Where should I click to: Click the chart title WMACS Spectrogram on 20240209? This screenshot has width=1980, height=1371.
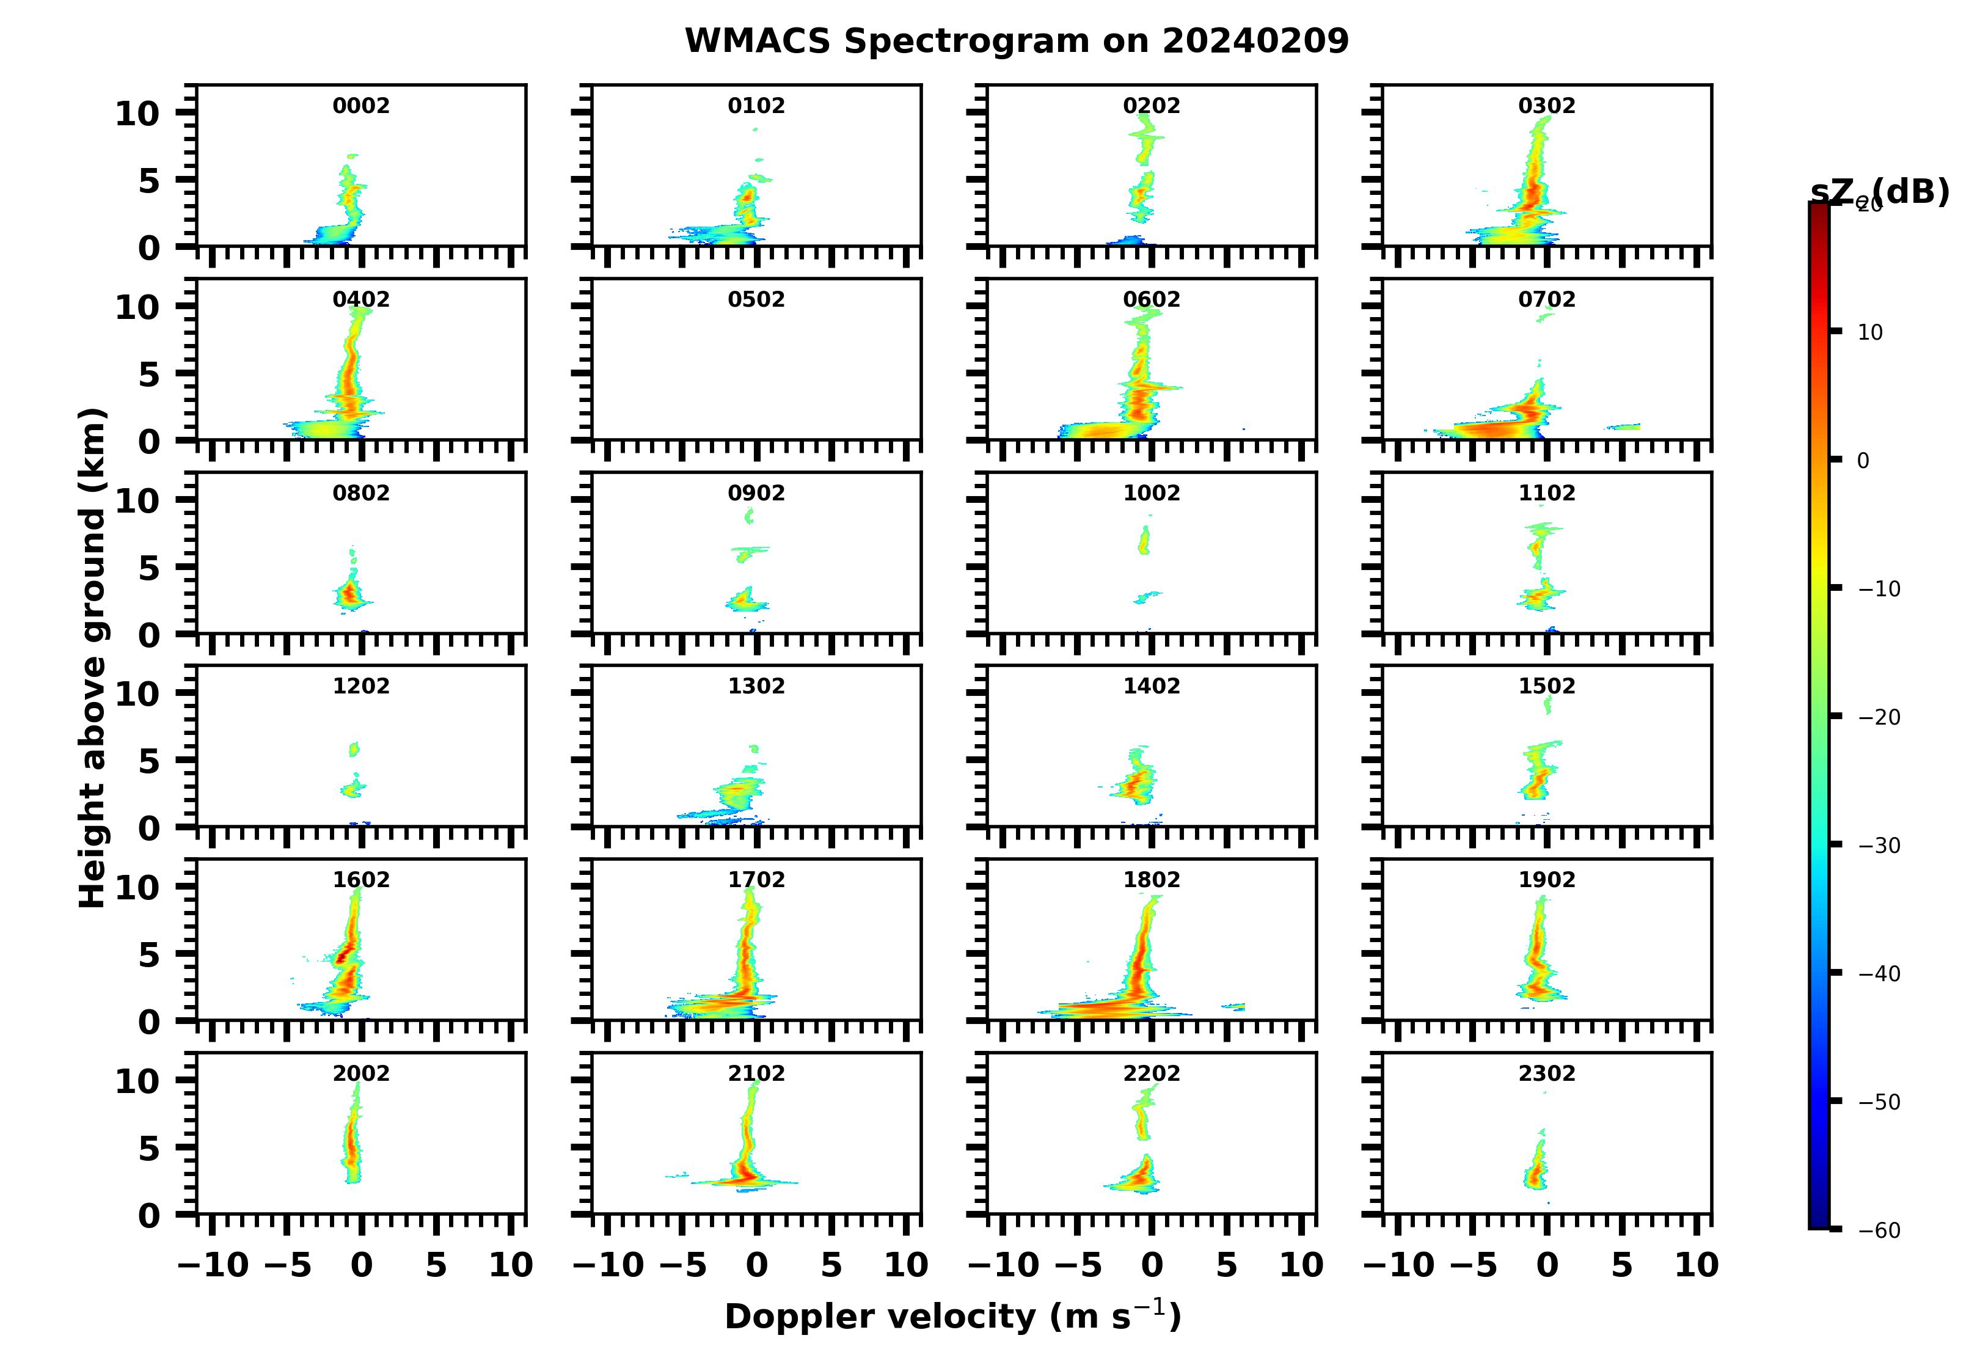point(1016,41)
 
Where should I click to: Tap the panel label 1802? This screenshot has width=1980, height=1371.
point(1151,880)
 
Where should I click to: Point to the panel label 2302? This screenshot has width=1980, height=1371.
point(1546,1073)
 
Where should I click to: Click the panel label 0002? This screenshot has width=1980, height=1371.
point(361,106)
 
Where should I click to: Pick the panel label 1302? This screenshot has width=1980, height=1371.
point(756,685)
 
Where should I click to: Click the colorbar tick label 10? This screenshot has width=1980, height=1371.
point(1870,332)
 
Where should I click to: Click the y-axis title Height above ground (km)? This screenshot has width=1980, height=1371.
point(92,657)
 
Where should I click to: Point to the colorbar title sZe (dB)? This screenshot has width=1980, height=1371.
point(1879,192)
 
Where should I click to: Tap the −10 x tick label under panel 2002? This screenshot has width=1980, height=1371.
point(213,1265)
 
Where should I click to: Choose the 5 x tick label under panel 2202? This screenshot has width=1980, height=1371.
point(1226,1265)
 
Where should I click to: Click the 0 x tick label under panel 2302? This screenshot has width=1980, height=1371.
point(1547,1265)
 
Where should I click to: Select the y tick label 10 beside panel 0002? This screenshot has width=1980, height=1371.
point(137,114)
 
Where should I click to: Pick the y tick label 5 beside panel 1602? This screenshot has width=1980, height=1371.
point(150,954)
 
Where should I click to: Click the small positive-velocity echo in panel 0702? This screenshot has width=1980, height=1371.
point(1623,426)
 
